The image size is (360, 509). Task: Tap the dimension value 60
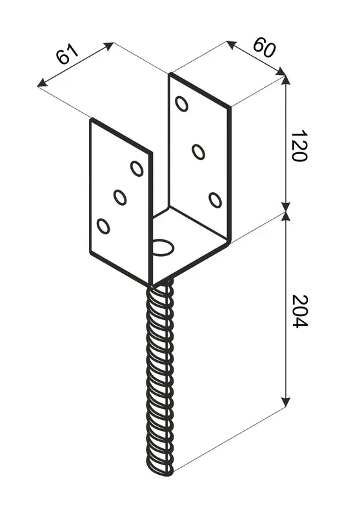point(261,46)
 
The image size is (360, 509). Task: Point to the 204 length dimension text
point(297,312)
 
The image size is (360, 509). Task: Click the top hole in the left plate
point(137,168)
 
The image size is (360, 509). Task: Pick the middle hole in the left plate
point(120,197)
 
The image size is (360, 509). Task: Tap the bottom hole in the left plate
point(103,226)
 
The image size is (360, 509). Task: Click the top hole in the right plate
point(182,103)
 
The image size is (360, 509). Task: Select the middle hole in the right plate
point(199,152)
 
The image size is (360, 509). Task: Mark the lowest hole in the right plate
point(215,200)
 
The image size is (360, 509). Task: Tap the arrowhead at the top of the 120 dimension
point(285,80)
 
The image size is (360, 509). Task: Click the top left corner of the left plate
point(90,119)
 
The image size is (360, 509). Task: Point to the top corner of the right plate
point(170,74)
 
